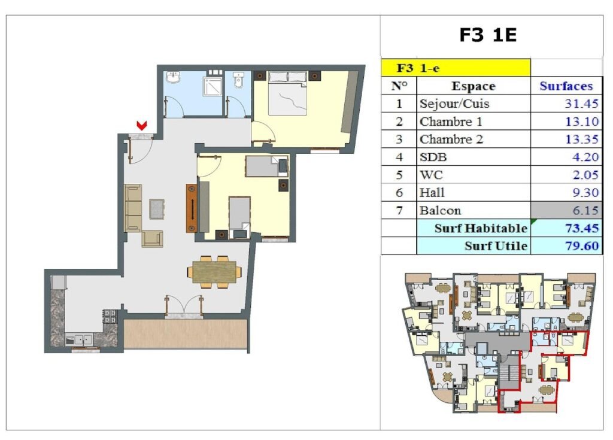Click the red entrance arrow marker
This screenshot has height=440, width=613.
pyautogui.click(x=141, y=125)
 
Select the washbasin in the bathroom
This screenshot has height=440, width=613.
pyautogui.click(x=173, y=77)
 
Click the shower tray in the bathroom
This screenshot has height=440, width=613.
pyautogui.click(x=213, y=86)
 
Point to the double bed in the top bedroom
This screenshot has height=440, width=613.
pyautogui.click(x=288, y=93)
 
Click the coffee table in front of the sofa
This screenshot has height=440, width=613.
pyautogui.click(x=157, y=209)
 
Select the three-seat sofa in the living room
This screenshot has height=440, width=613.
pyautogui.click(x=133, y=208)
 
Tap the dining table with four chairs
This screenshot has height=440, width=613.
pyautogui.click(x=215, y=271)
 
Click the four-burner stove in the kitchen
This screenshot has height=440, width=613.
pyautogui.click(x=110, y=317)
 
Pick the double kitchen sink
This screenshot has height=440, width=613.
pyautogui.click(x=80, y=339)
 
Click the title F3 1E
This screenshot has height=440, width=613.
pyautogui.click(x=488, y=35)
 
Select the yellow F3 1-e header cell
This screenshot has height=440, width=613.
pyautogui.click(x=456, y=68)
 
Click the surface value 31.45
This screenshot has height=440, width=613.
pyautogui.click(x=581, y=104)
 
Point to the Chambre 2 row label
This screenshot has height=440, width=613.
pyautogui.click(x=451, y=139)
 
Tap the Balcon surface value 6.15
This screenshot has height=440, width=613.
pyautogui.click(x=585, y=210)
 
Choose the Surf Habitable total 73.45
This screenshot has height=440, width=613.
pyautogui.click(x=582, y=228)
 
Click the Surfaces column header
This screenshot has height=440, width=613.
pyautogui.click(x=566, y=86)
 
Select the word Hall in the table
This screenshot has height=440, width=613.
pyautogui.click(x=432, y=192)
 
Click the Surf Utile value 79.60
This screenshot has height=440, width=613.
pyautogui.click(x=582, y=245)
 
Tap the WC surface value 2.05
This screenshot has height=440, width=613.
pyautogui.click(x=585, y=175)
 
